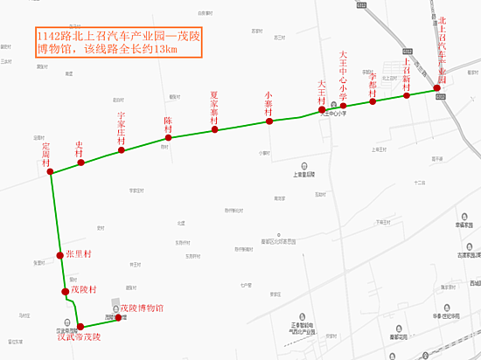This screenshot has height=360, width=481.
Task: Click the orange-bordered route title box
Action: [x=118, y=41]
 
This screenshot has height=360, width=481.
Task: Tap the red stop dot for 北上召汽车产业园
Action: [x=437, y=88]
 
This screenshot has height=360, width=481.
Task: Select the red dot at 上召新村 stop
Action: [x=407, y=95]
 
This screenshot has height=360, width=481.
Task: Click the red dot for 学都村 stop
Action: [x=373, y=101]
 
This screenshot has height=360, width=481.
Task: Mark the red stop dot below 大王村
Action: [x=322, y=110]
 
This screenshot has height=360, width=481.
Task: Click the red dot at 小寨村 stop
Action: [x=269, y=121]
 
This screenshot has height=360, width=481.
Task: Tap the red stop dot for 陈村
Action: [x=169, y=138]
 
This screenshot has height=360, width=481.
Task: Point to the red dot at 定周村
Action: [x=50, y=173]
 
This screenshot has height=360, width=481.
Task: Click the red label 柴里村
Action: [x=79, y=254]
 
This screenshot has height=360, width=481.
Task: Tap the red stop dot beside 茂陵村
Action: [x=65, y=291]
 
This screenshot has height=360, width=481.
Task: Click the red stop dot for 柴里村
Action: [x=60, y=255]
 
